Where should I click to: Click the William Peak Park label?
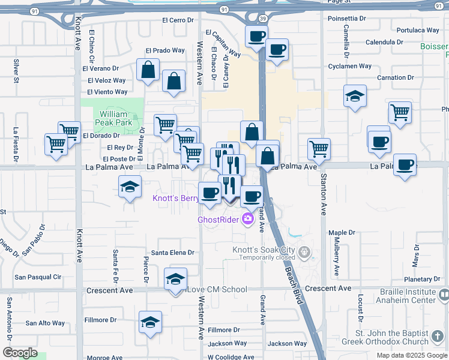point(113,118)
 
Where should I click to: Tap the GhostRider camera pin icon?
point(247,219)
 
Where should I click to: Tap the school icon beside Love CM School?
point(175,279)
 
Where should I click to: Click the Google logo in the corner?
point(20,353)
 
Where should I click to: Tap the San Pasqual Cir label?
point(38,277)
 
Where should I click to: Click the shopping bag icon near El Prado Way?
point(148,70)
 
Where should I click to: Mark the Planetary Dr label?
point(422,280)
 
